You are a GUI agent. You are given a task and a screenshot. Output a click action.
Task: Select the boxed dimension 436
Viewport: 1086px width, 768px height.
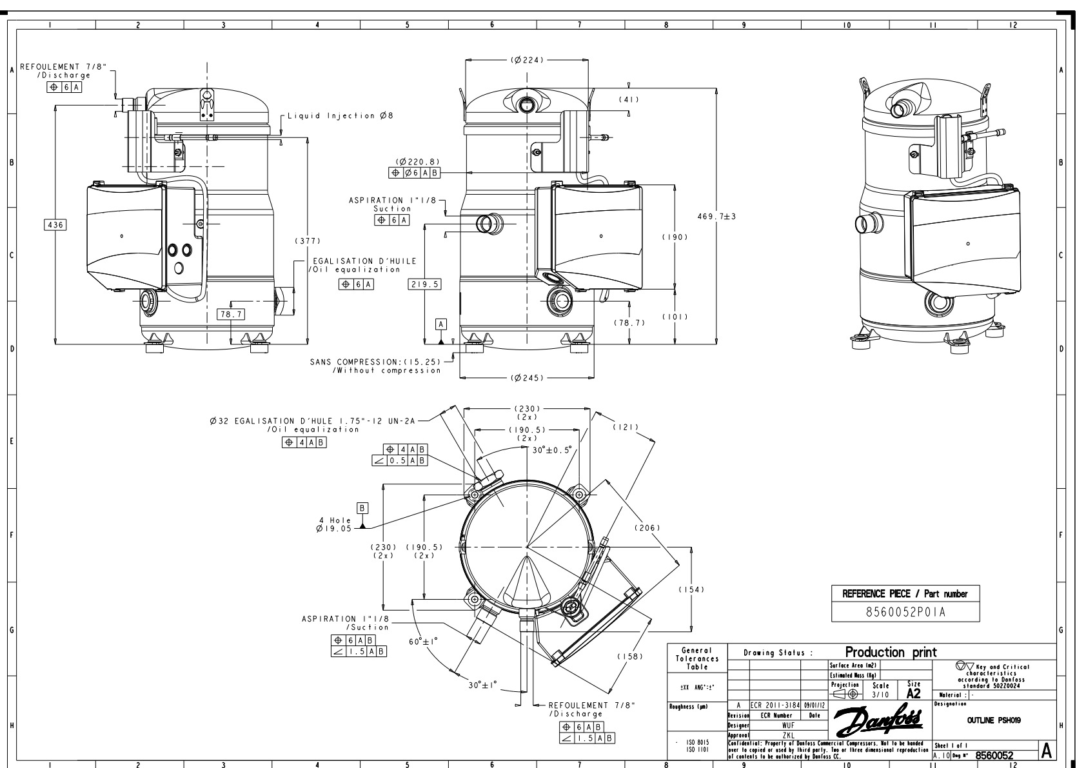pyautogui.click(x=55, y=224)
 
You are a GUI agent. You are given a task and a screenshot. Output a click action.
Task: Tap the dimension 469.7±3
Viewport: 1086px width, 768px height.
pyautogui.click(x=716, y=216)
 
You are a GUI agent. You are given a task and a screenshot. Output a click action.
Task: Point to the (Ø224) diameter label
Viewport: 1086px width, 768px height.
pyautogui.click(x=528, y=60)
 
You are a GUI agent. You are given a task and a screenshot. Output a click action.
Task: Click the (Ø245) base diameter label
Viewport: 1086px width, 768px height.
pyautogui.click(x=527, y=378)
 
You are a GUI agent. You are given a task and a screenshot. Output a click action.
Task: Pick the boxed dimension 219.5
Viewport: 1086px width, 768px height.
pyautogui.click(x=424, y=284)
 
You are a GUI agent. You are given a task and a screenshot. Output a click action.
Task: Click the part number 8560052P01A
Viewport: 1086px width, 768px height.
pyautogui.click(x=905, y=612)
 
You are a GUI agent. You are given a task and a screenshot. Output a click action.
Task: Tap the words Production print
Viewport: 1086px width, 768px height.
pyautogui.click(x=890, y=652)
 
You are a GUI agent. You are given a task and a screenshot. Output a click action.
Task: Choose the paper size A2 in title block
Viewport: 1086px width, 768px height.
pyautogui.click(x=913, y=694)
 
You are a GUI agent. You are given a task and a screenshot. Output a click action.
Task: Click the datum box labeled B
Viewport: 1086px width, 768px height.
pyautogui.click(x=363, y=508)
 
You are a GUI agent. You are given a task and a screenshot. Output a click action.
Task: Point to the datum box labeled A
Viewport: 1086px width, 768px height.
pyautogui.click(x=441, y=323)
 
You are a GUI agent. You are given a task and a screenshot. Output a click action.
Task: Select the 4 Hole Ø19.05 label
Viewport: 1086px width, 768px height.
pyautogui.click(x=334, y=524)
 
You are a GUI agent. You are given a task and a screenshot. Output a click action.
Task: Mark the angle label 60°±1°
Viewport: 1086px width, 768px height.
pyautogui.click(x=423, y=642)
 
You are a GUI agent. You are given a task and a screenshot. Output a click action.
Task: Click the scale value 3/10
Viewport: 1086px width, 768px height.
pyautogui.click(x=880, y=694)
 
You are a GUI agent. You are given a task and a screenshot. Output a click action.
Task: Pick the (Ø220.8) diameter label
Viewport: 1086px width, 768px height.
pyautogui.click(x=418, y=162)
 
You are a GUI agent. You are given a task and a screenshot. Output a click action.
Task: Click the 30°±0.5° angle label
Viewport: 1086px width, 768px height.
pyautogui.click(x=552, y=450)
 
